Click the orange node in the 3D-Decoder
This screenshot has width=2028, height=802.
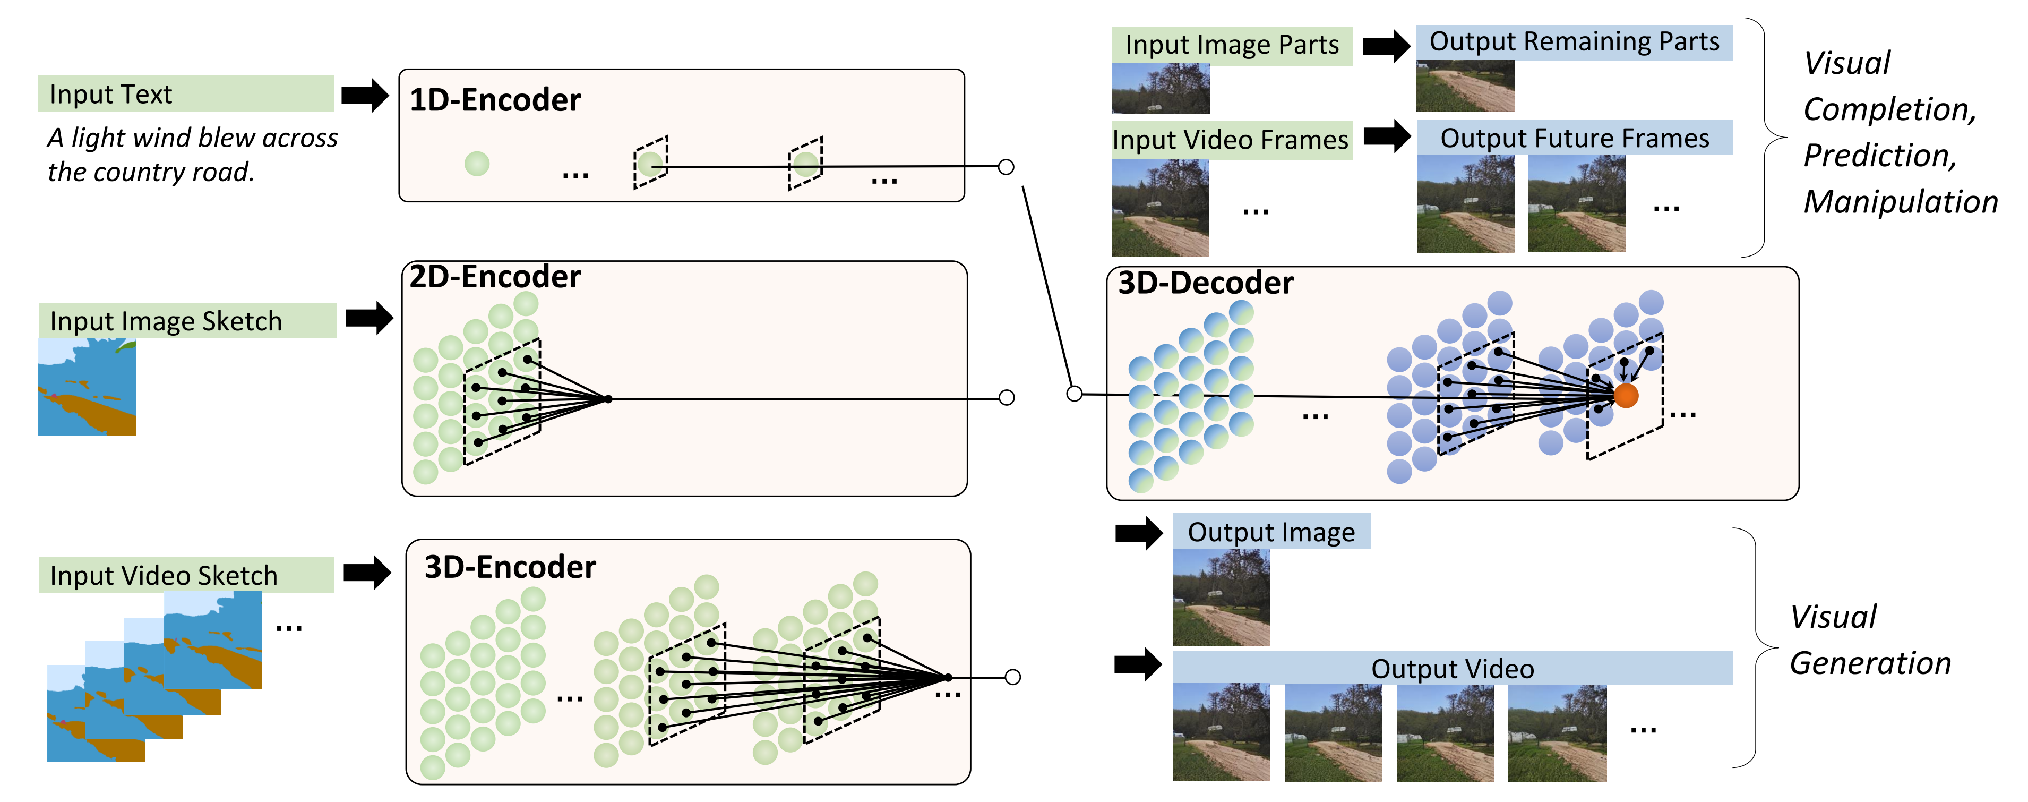(x=1626, y=396)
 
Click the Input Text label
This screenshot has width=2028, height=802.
(x=110, y=94)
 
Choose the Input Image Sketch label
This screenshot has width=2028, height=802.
(x=165, y=321)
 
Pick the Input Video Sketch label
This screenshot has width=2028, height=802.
(x=163, y=575)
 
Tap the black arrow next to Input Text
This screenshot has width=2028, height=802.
(x=365, y=95)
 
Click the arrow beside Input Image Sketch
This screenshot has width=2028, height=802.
(x=368, y=318)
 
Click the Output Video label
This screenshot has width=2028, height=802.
(x=1452, y=669)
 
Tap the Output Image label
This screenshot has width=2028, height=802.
(x=1270, y=532)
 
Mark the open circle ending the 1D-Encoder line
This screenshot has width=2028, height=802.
(x=1006, y=167)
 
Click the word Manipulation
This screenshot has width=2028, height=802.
(x=1900, y=202)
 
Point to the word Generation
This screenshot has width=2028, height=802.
(x=1870, y=663)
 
